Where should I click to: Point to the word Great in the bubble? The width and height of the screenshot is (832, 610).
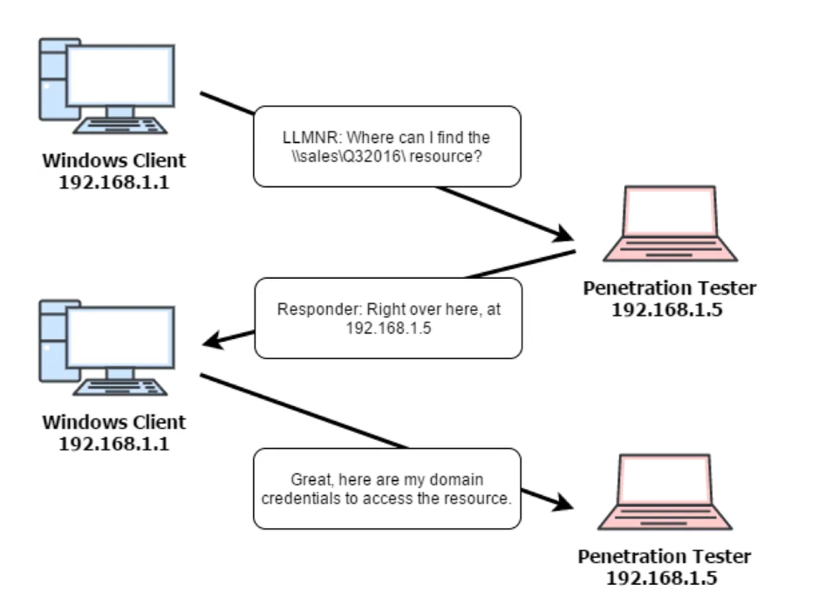(311, 481)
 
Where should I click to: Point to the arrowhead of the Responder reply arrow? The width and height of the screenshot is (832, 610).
(212, 342)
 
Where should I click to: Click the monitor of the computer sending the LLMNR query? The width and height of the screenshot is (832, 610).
(120, 75)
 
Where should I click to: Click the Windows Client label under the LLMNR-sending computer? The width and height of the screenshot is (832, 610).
(114, 161)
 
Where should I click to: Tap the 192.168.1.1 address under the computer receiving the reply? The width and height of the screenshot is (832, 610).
(114, 443)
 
